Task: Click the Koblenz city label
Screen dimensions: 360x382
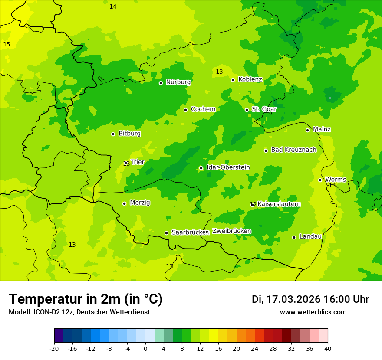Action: click(x=250, y=79)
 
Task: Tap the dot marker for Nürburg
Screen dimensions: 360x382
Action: click(x=161, y=83)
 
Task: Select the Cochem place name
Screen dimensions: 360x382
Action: click(x=203, y=109)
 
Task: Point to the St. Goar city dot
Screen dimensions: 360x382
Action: click(x=247, y=110)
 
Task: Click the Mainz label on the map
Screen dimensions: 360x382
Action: click(x=322, y=130)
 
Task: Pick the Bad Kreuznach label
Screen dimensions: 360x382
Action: click(x=293, y=150)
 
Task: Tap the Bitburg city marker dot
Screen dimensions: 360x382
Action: click(x=113, y=134)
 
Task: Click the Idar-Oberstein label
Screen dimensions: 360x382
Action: click(x=228, y=167)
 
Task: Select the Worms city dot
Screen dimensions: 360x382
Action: click(x=320, y=180)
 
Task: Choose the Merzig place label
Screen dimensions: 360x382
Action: click(x=140, y=203)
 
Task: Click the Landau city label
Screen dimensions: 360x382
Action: click(x=310, y=237)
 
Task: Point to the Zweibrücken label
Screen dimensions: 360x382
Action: click(x=231, y=231)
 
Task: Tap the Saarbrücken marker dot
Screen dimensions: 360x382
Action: click(x=166, y=233)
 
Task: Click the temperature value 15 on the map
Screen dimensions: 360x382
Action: click(x=7, y=45)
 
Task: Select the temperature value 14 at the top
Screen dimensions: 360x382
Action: click(x=113, y=7)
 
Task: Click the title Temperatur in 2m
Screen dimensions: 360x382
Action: click(x=86, y=299)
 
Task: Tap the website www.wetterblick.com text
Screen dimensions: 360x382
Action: click(x=313, y=312)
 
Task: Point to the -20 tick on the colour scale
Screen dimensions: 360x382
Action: click(x=54, y=349)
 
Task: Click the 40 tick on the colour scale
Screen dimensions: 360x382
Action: click(x=328, y=349)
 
